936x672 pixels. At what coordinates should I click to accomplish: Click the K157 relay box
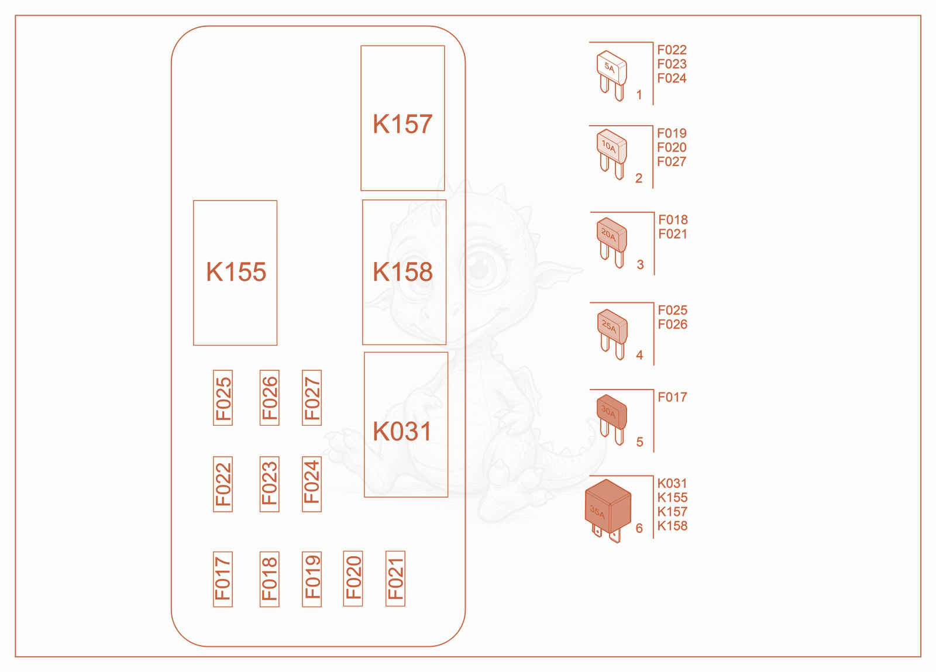click(402, 118)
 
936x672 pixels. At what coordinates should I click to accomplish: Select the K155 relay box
click(235, 273)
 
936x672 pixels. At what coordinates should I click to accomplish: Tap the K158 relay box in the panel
click(404, 273)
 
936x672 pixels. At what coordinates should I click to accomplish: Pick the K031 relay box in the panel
click(406, 425)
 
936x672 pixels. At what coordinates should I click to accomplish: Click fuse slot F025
click(223, 398)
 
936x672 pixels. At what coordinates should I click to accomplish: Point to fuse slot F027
click(312, 398)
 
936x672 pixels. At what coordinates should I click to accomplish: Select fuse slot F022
click(223, 484)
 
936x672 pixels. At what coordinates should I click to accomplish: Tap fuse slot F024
click(312, 484)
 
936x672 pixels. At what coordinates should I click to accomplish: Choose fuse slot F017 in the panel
click(223, 579)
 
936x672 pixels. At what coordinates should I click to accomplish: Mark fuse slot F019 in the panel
click(312, 579)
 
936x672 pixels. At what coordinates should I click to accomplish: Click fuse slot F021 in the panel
click(395, 578)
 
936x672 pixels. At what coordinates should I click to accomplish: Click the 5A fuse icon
click(612, 75)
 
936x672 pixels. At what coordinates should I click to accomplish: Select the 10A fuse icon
click(612, 154)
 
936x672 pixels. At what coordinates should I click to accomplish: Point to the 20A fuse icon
click(612, 242)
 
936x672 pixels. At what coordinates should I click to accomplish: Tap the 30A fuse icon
click(612, 420)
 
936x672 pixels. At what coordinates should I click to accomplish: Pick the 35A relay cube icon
click(608, 511)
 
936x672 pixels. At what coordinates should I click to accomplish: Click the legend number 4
click(639, 355)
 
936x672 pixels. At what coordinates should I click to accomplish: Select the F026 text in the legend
click(672, 324)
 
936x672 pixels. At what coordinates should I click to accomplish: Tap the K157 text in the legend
click(672, 511)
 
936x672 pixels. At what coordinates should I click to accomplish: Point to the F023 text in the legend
click(672, 64)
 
